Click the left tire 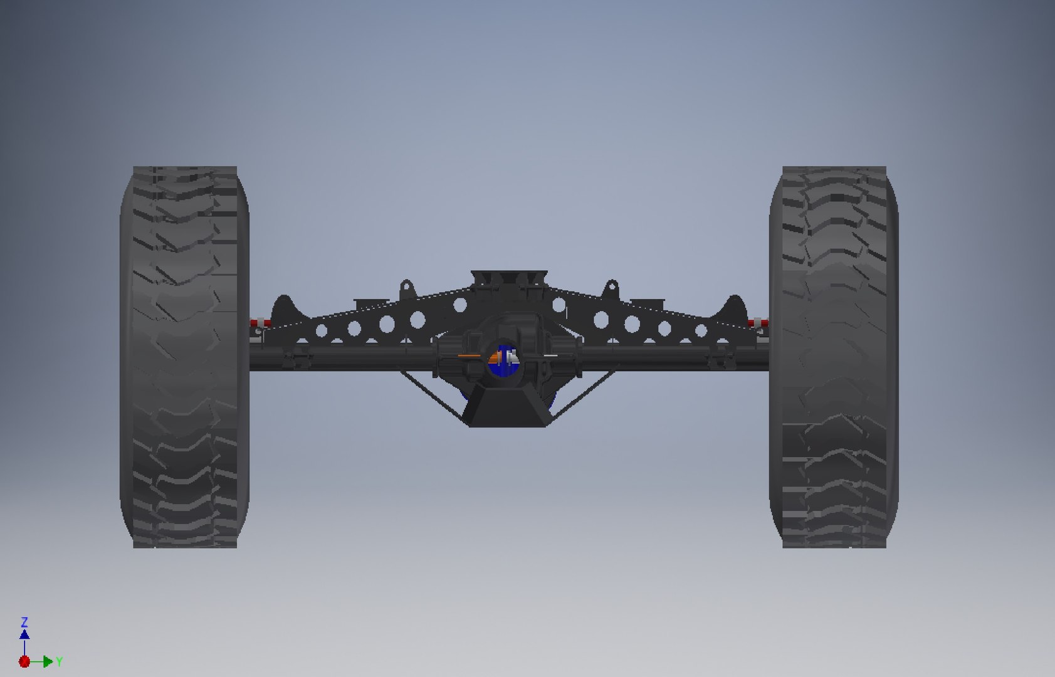[184, 357]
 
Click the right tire [834, 357]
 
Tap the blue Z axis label [24, 622]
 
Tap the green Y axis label [59, 662]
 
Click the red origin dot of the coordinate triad [24, 661]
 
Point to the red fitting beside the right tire [758, 323]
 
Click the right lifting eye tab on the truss [610, 290]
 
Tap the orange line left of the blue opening [468, 356]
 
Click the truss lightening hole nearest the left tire [321, 330]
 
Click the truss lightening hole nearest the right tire [701, 330]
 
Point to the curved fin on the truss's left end [284, 307]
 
